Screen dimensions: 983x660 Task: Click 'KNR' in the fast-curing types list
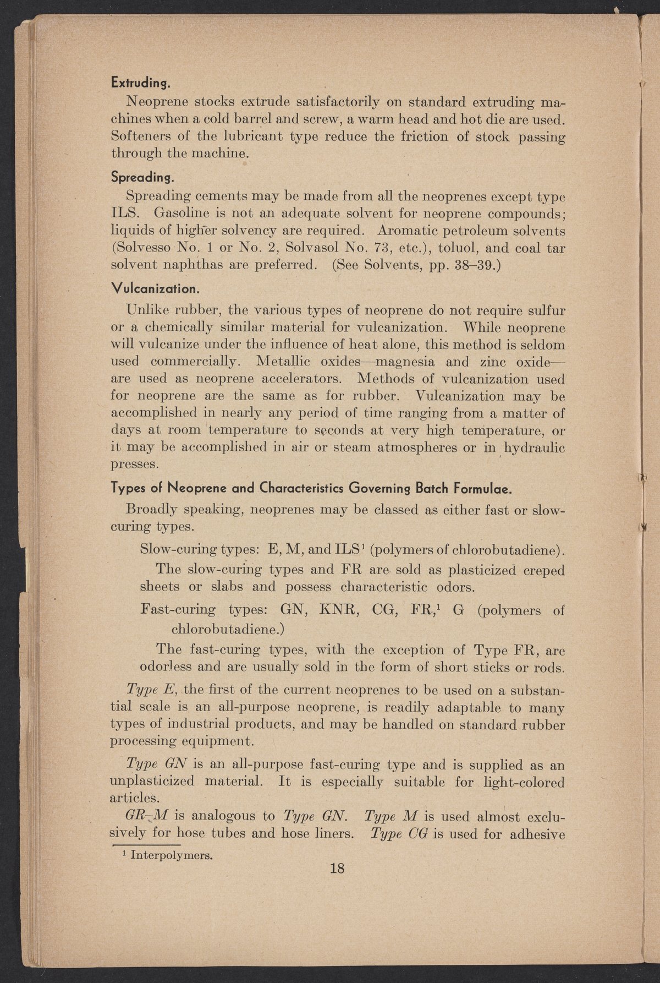pyautogui.click(x=340, y=610)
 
